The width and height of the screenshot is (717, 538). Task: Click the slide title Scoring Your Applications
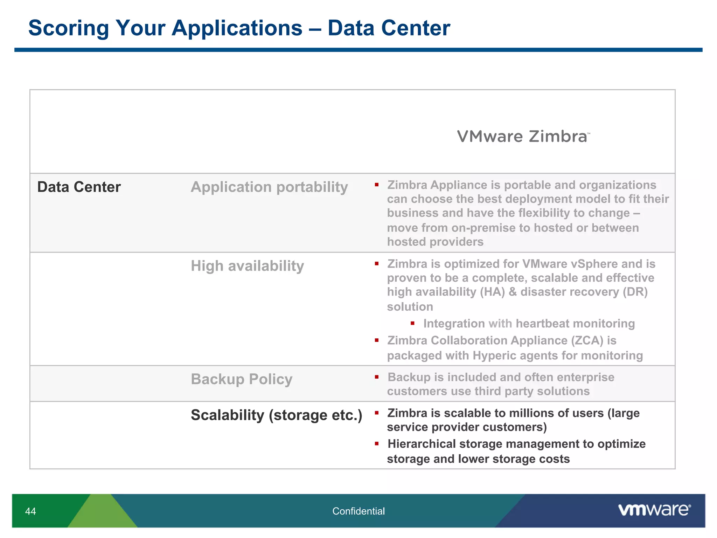click(239, 28)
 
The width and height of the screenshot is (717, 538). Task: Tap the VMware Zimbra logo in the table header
click(523, 137)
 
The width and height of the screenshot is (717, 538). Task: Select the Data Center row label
click(79, 187)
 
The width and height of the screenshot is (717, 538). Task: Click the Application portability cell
click(269, 187)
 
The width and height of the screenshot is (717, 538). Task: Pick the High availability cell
click(247, 266)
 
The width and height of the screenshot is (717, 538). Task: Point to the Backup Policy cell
click(242, 379)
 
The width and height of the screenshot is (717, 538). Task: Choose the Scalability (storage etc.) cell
click(276, 415)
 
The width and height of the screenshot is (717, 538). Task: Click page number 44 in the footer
click(30, 511)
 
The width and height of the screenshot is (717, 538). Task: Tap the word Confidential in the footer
click(358, 511)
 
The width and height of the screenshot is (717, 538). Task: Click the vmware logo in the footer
click(654, 510)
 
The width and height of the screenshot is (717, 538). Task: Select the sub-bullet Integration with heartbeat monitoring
click(529, 324)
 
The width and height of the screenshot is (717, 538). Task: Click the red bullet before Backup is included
click(377, 377)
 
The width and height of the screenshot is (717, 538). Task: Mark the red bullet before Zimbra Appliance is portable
click(377, 185)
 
